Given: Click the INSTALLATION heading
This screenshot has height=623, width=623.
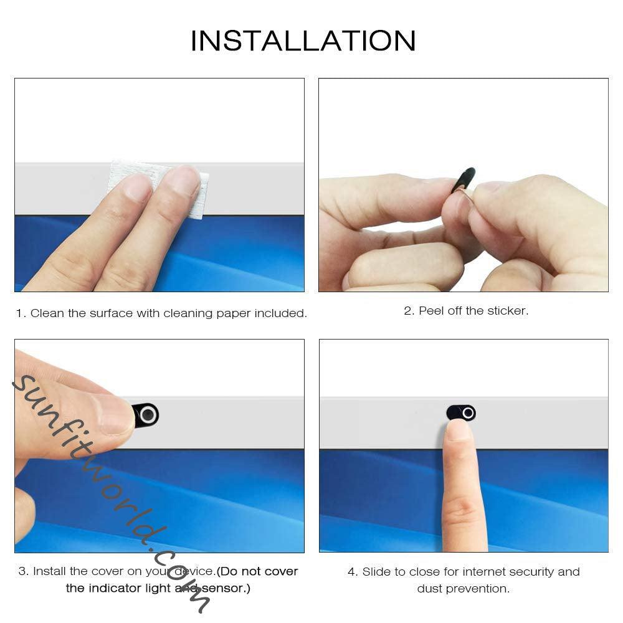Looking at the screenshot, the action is click(x=303, y=41).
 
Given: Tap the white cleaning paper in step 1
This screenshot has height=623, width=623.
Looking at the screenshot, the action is click(x=159, y=187).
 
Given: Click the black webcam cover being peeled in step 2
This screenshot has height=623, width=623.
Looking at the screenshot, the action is click(x=464, y=180).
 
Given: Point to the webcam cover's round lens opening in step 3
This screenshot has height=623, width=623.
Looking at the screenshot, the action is click(x=148, y=415).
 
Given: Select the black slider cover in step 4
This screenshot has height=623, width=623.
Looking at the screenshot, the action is click(x=461, y=412).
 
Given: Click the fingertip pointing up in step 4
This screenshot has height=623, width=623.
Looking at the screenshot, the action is click(x=459, y=431).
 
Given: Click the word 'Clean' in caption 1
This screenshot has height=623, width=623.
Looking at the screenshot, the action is click(x=47, y=313).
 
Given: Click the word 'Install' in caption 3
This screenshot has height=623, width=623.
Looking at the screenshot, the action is click(x=50, y=571).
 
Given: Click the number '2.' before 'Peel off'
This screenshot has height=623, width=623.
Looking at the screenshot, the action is click(x=409, y=311).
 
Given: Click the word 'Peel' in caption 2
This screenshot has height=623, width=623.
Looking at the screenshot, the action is click(x=432, y=311).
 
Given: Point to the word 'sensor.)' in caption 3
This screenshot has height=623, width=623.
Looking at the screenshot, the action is click(x=226, y=588).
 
